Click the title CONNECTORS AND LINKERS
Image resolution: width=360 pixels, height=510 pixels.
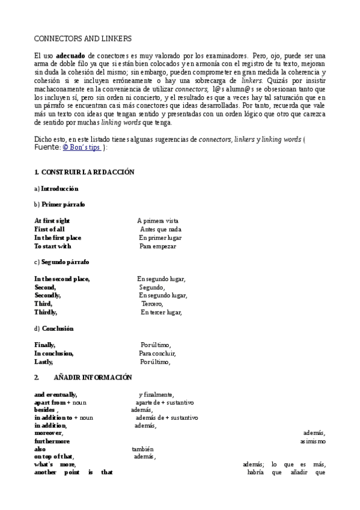pos(83,38)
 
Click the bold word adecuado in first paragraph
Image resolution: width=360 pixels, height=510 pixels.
pos(70,55)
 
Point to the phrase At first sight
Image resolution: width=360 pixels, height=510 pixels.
pos(52,221)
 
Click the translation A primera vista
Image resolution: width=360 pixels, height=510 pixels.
pos(158,221)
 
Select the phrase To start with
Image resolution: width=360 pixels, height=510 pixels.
pos(52,246)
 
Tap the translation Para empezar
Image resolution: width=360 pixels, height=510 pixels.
pos(159,246)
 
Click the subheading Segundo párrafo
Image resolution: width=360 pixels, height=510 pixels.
pos(65,262)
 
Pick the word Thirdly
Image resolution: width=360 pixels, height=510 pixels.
pos(46,312)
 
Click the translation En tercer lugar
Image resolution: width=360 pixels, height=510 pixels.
pos(161,312)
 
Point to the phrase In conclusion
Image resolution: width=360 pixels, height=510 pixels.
pos(53,354)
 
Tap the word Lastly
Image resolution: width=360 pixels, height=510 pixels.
pos(44,362)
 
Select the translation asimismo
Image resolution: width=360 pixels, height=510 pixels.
pos(313,441)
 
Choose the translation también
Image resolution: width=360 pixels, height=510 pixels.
pos(143,449)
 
